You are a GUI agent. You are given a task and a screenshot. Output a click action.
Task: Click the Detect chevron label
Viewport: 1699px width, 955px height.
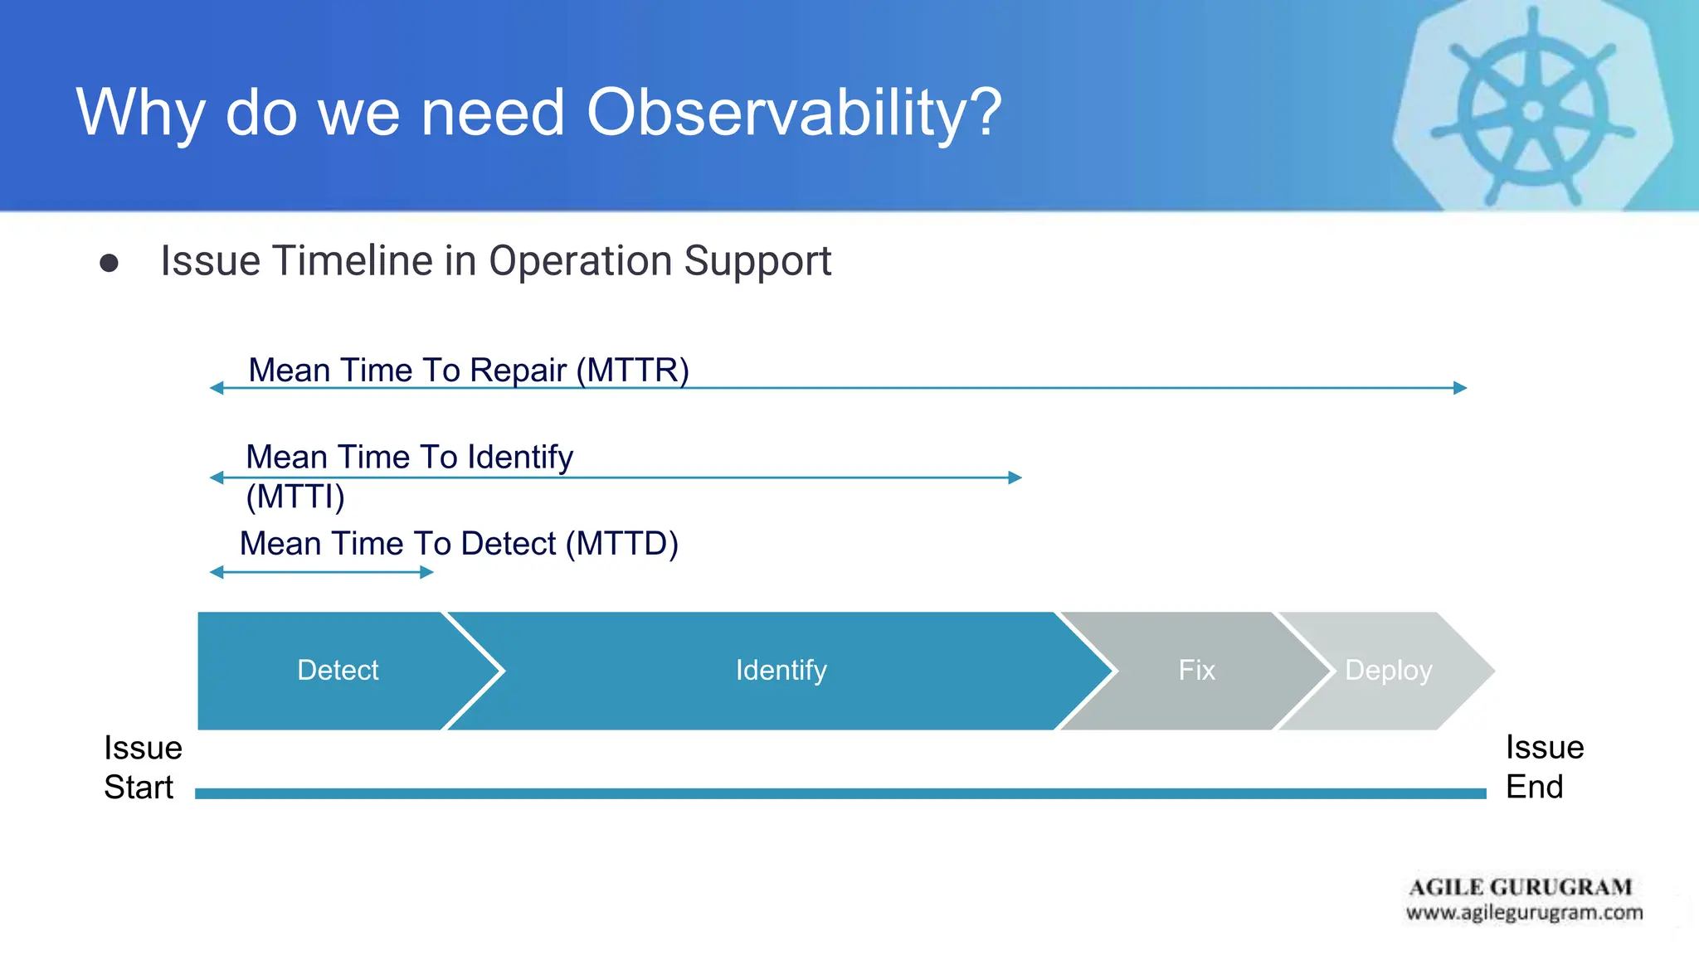pos(338,670)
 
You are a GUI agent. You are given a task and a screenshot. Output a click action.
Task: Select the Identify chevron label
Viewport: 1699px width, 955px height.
pos(781,670)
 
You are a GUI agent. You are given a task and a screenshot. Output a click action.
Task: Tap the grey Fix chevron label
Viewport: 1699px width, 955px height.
pos(1196,670)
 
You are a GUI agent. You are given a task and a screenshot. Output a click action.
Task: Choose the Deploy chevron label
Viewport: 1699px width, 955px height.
pos(1388,670)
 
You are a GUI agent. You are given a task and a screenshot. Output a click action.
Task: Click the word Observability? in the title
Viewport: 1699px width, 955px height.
pos(794,113)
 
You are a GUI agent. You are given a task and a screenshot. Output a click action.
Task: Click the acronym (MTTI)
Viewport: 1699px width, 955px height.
pos(295,497)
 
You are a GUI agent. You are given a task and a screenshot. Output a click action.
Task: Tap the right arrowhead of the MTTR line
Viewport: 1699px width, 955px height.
pos(1460,387)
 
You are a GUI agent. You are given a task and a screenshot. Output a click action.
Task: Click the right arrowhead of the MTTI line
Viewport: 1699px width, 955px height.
pos(1015,477)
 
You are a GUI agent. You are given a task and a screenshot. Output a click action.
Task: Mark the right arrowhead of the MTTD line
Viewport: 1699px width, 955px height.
pos(427,572)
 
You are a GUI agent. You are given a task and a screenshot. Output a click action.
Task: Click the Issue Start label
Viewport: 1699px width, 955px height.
pos(142,767)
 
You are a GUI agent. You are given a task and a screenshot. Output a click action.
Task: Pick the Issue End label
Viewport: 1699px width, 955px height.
pos(1544,767)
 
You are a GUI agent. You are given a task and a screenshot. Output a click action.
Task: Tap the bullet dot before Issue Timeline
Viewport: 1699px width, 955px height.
pos(109,263)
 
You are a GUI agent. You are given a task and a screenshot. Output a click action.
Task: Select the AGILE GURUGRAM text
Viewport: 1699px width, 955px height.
pos(1520,887)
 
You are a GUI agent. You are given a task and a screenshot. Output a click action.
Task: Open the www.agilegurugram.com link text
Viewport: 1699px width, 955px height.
pos(1524,913)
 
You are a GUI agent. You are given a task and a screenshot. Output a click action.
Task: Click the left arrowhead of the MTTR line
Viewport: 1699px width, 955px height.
pos(217,387)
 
